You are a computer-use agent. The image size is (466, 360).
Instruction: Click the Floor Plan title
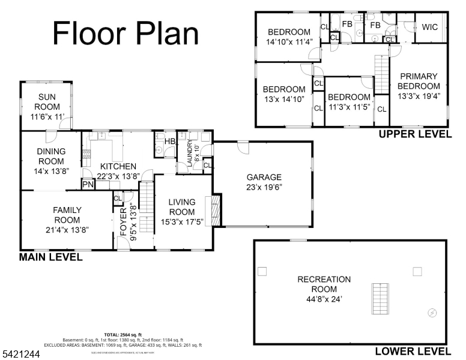[126, 33]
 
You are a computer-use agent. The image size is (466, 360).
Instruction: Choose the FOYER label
[124, 221]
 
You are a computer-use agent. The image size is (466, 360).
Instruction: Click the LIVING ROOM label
[182, 207]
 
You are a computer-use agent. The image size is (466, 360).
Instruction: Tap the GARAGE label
[264, 177]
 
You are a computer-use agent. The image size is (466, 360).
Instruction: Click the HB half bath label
[170, 142]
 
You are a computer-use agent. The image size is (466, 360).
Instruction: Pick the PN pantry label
[88, 184]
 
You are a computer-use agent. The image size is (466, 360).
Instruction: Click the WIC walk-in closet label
[429, 27]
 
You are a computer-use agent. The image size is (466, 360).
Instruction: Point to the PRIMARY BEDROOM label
[419, 81]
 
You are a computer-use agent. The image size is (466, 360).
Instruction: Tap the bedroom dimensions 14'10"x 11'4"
[289, 42]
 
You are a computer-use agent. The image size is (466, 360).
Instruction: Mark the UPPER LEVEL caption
[414, 134]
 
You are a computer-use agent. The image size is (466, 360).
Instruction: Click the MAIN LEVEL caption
[51, 257]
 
